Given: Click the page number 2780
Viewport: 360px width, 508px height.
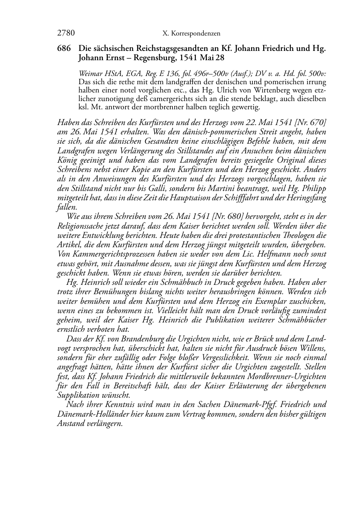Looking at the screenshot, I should [x=66, y=33].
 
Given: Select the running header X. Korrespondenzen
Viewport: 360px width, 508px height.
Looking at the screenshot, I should [x=191, y=34].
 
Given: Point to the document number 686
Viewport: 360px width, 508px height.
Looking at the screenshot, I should [x=65, y=48].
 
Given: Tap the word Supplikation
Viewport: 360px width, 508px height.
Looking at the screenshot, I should [x=77, y=395].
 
